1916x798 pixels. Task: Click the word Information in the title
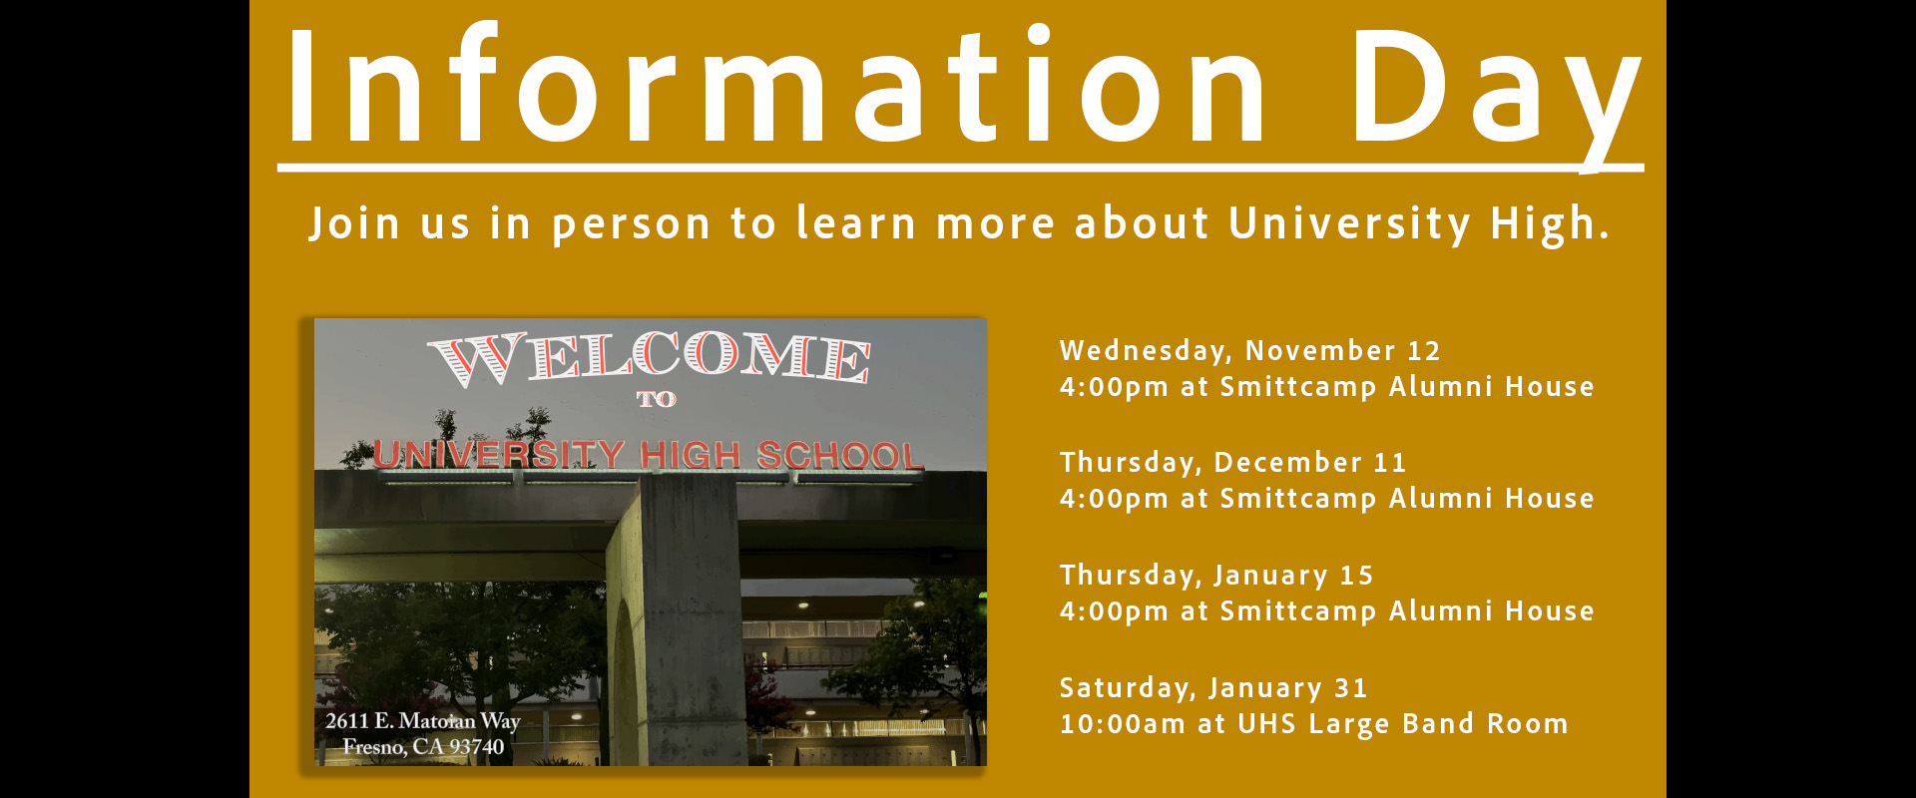[x=775, y=84]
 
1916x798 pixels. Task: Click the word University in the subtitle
[x=1349, y=224]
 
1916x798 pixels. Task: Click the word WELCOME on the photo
[x=650, y=357]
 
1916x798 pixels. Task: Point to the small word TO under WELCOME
[x=656, y=399]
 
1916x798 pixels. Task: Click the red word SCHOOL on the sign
[x=840, y=455]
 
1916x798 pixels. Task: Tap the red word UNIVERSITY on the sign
[x=499, y=454]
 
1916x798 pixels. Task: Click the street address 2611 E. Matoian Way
[x=423, y=720]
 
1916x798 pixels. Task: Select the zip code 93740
[x=476, y=746]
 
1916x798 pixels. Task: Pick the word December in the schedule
[x=1287, y=463]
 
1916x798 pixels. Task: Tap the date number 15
[x=1356, y=576]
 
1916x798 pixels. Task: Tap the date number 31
[x=1351, y=688]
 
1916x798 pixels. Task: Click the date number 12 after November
[x=1424, y=351]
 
